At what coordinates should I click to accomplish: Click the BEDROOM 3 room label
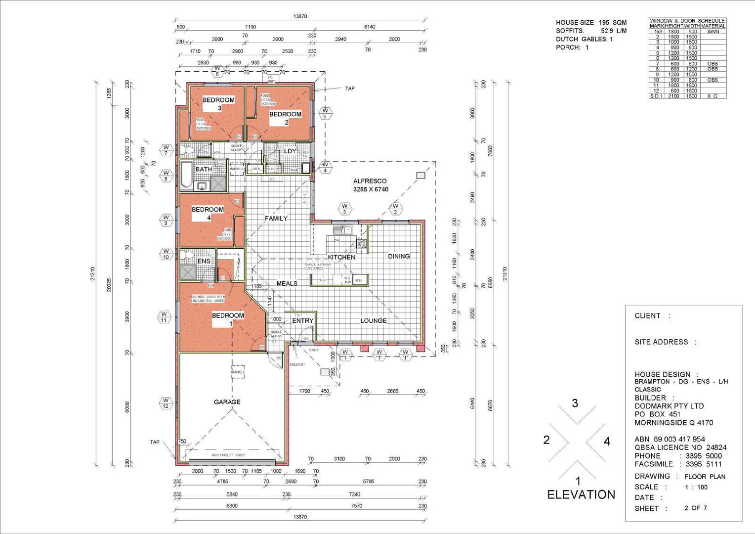218,103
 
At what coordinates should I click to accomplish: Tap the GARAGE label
227,402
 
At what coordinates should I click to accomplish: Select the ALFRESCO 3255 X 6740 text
370,185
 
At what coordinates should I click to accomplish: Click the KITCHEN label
341,257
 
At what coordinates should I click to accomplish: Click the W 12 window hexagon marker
166,403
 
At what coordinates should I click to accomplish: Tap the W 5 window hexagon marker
325,113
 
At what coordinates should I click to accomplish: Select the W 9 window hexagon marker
166,220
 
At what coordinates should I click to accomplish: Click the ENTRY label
302,320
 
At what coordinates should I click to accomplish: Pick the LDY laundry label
290,151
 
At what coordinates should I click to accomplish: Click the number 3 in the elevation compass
575,403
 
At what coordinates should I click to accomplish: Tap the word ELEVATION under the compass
581,494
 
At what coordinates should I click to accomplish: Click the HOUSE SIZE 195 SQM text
591,23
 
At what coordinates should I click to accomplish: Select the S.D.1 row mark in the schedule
656,96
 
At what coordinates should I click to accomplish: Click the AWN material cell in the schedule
713,32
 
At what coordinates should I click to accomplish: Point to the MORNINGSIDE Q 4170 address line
673,423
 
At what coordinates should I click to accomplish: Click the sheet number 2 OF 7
696,508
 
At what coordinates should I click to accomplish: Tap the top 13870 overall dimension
300,16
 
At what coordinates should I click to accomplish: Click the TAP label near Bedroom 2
350,89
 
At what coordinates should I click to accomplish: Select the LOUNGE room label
373,320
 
